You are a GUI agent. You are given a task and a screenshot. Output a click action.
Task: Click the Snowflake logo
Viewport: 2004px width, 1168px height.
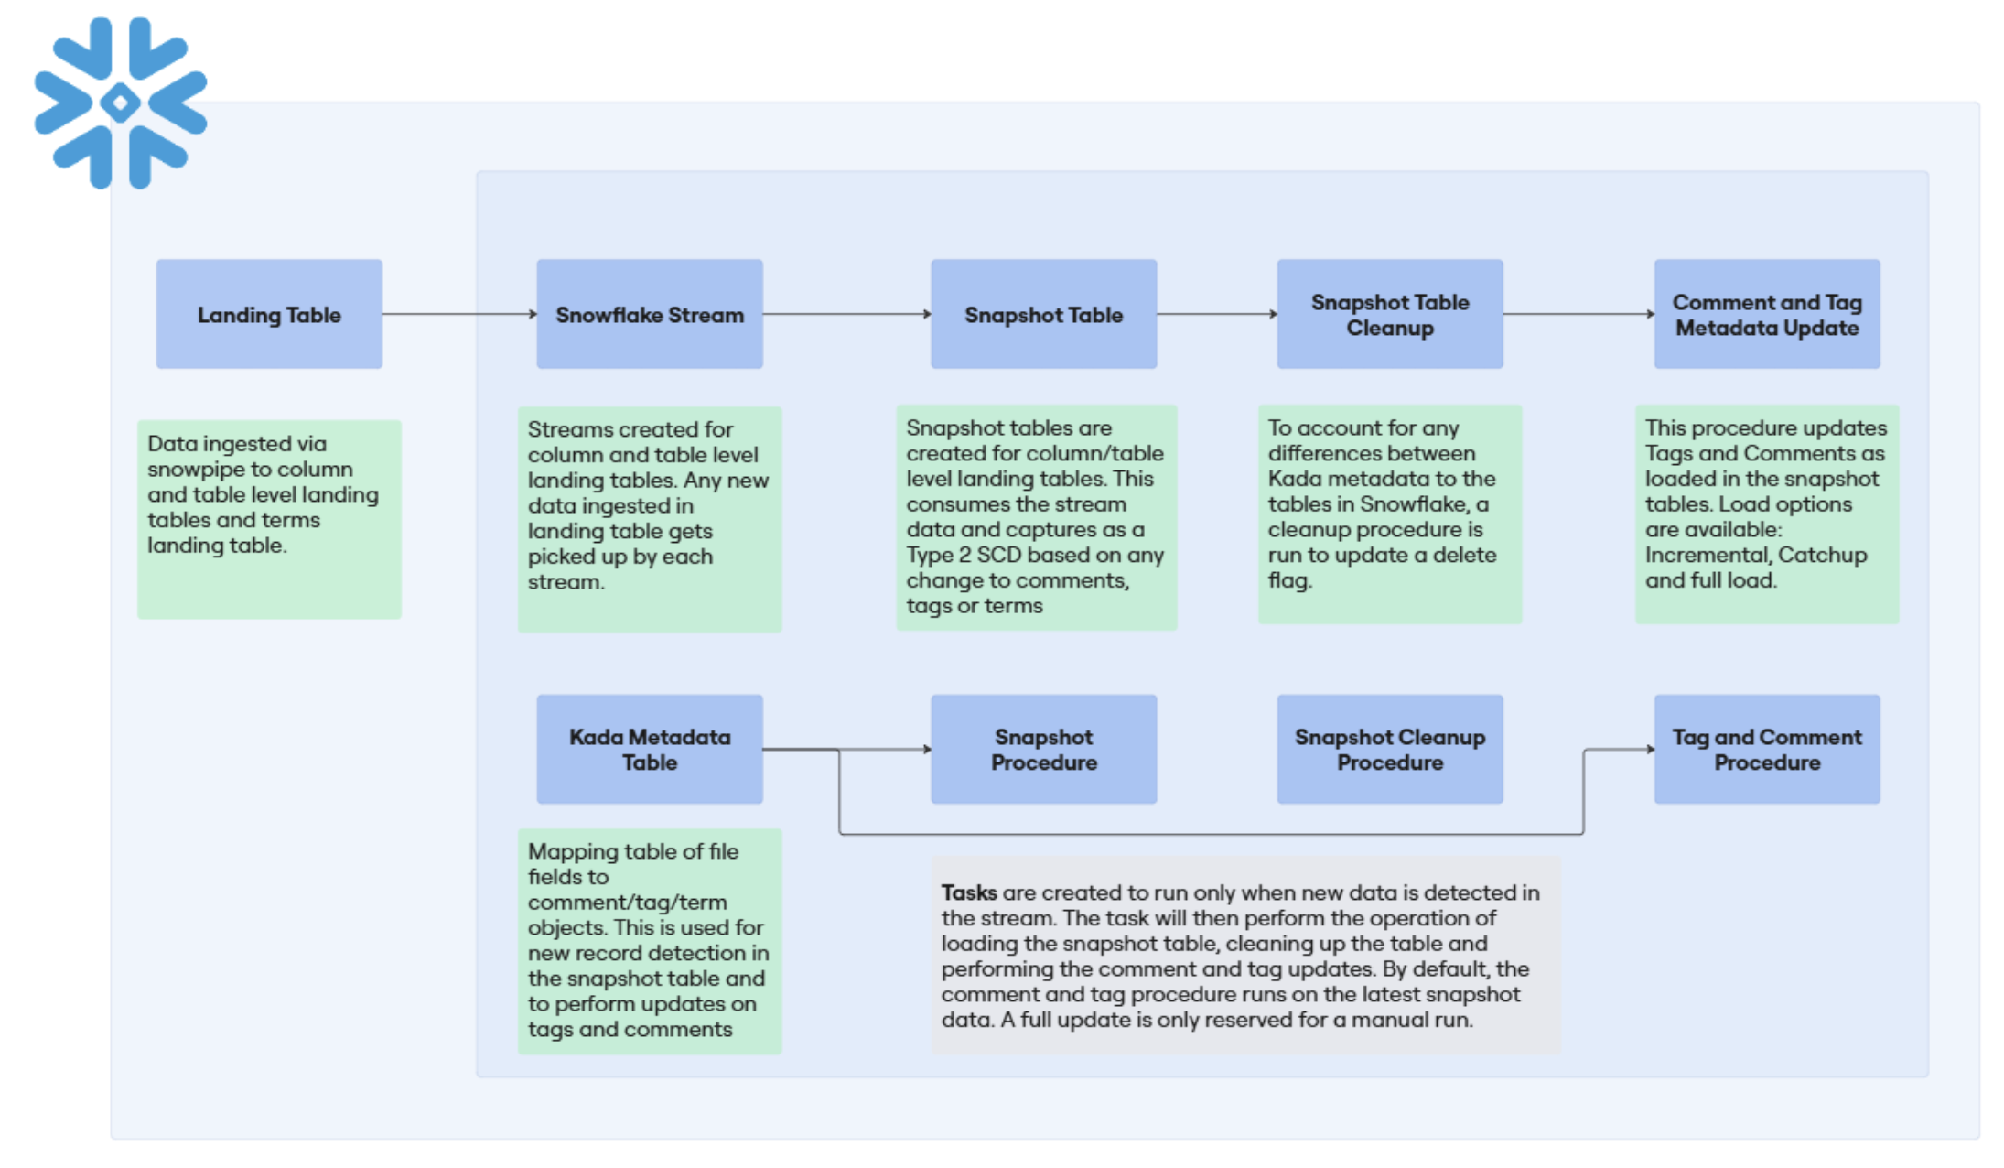coord(121,103)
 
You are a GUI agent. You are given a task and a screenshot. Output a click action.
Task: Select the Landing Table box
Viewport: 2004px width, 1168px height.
coord(269,314)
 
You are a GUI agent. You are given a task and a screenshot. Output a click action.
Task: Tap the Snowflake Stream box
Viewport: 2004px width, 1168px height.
coord(650,314)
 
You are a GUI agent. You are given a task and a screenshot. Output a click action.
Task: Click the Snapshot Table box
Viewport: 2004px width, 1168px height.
coord(1044,314)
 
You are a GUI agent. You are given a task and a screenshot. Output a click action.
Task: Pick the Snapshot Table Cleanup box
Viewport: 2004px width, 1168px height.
coord(1390,314)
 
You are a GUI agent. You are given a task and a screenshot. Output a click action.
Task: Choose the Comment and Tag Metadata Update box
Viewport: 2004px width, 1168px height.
coord(1767,314)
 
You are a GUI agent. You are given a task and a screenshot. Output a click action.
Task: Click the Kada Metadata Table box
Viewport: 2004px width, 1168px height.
coord(650,750)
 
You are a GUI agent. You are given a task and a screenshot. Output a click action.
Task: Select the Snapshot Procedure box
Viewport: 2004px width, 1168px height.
coord(1044,750)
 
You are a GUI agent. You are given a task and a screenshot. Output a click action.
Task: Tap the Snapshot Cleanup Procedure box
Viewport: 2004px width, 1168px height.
coord(1390,750)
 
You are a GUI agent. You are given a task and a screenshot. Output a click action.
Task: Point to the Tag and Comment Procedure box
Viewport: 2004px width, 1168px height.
coord(1767,750)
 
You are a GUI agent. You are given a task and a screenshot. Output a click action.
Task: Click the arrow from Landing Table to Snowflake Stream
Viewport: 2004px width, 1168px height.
coord(459,314)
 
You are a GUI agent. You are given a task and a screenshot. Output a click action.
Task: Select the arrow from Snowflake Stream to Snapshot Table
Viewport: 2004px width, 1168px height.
coord(847,314)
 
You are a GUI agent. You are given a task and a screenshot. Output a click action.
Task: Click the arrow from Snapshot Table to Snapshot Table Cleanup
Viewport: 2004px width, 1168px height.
coord(1217,314)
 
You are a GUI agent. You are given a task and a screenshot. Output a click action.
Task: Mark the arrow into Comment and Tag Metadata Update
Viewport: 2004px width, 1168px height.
coord(1578,314)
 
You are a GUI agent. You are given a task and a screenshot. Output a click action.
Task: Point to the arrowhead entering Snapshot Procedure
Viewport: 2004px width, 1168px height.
coord(927,750)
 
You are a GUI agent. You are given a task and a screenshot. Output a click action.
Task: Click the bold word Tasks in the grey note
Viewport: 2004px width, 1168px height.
coord(969,892)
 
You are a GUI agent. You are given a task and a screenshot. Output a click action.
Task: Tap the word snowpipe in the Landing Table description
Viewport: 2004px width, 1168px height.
coord(204,470)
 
